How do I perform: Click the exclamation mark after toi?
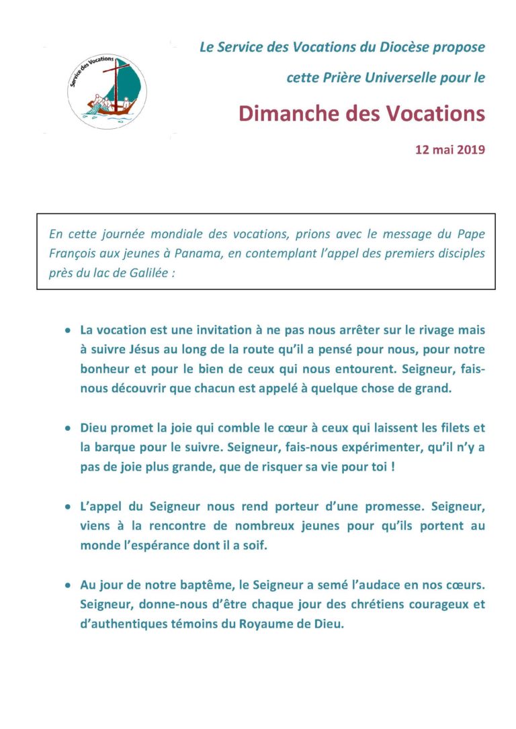coord(392,466)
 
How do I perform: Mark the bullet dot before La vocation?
coord(67,331)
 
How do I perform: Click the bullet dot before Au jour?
coord(67,585)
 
